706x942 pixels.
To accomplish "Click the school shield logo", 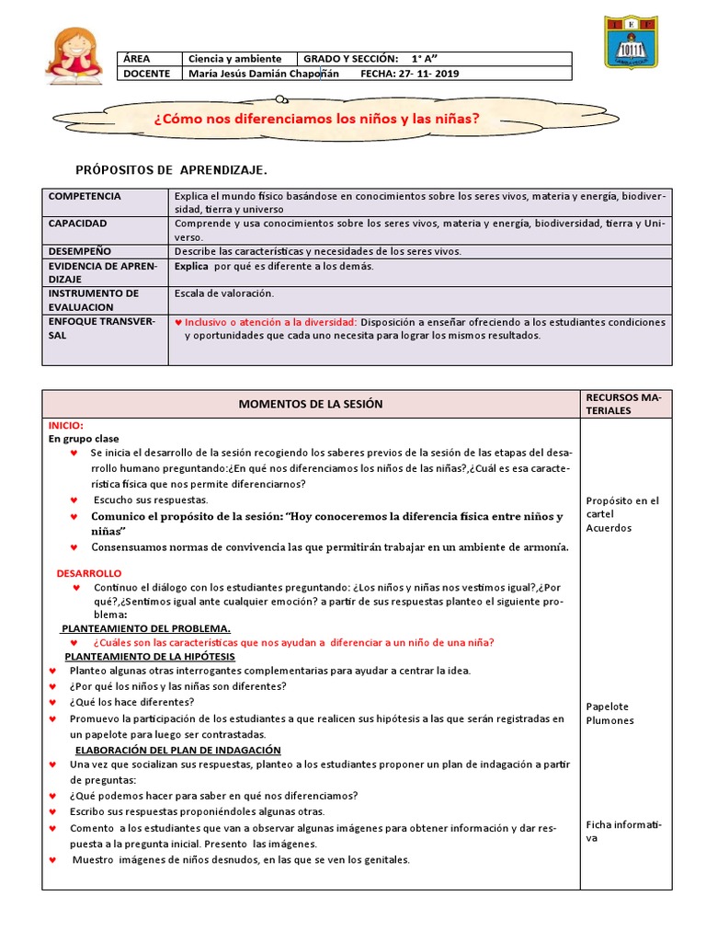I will coord(631,42).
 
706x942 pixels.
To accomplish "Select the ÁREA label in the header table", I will coord(136,59).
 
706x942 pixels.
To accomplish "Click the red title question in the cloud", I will coord(317,119).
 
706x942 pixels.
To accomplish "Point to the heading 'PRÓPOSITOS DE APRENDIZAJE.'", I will coord(171,171).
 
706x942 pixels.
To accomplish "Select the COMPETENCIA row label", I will coord(85,197).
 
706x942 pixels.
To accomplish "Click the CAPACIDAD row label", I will coord(78,224).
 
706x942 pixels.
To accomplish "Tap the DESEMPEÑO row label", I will coord(80,251).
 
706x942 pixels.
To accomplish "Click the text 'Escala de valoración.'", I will coord(224,293).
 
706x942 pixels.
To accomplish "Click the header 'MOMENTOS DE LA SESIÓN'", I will coord(311,404).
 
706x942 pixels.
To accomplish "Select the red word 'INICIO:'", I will coord(66,426).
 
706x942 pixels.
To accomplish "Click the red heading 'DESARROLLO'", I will coord(89,573).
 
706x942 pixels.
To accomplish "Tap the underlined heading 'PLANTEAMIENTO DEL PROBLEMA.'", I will coord(146,628).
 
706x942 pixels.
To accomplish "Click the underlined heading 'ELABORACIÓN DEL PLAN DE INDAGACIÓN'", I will coord(177,751).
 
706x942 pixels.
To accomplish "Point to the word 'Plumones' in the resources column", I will coord(609,720).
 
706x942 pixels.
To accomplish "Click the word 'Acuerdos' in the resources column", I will coord(609,529).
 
